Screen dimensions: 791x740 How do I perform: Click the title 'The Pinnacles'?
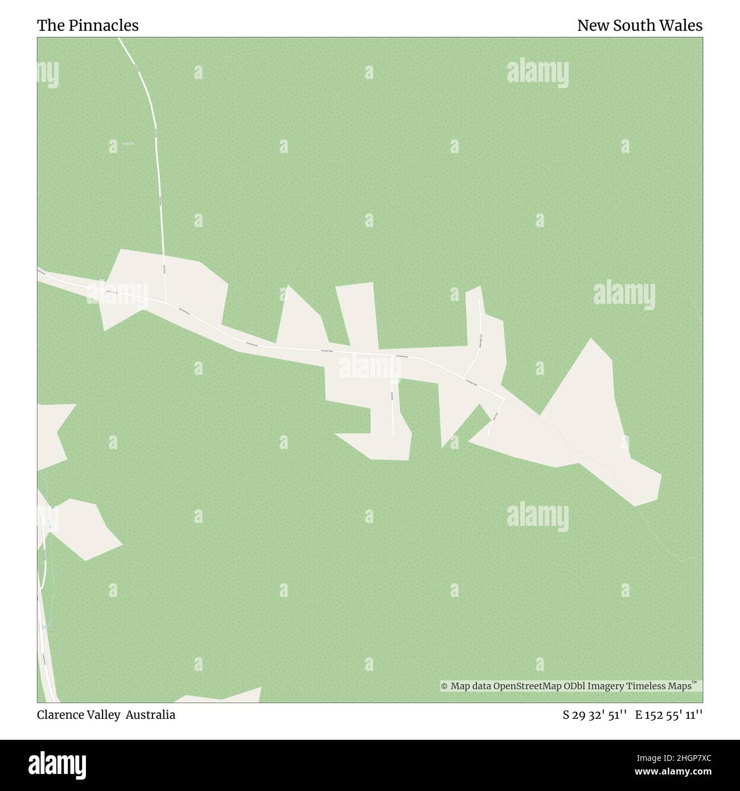(x=88, y=26)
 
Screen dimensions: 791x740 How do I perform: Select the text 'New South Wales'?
(x=639, y=26)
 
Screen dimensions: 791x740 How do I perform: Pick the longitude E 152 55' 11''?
(x=669, y=715)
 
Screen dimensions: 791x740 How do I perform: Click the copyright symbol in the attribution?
(x=445, y=686)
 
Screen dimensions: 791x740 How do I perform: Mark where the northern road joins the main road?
(x=166, y=303)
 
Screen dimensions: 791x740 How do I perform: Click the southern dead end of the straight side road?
(x=394, y=436)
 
